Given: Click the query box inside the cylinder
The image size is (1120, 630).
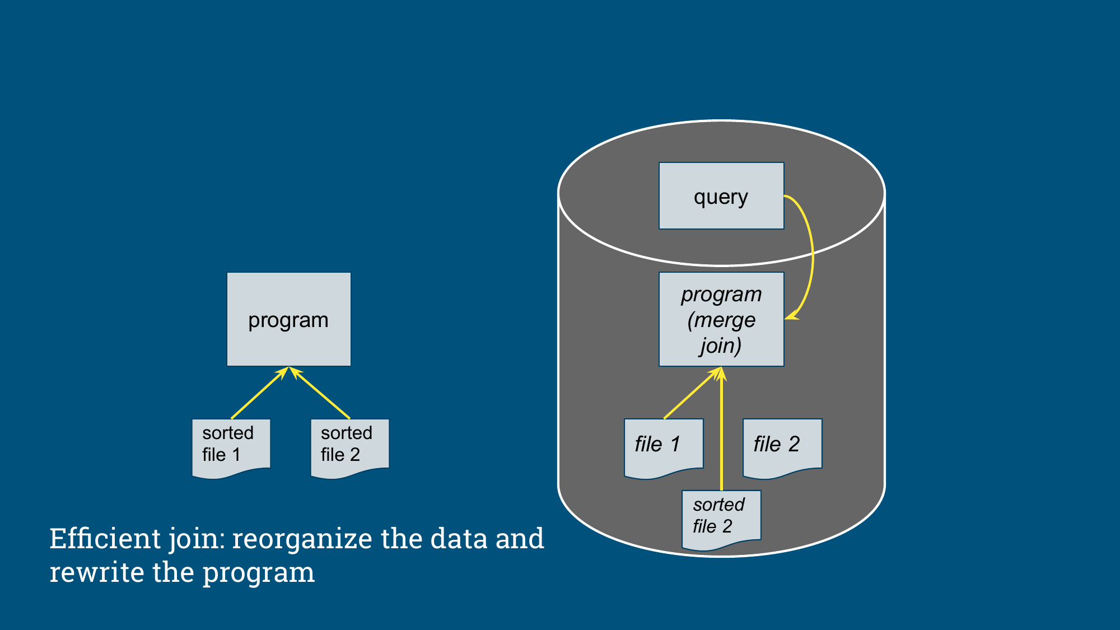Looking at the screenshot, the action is tap(721, 196).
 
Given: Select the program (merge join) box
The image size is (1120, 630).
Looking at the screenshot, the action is tap(721, 319).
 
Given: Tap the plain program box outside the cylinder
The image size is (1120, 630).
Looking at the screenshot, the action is tap(289, 319).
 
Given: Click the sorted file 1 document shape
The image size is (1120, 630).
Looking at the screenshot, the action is tap(231, 449).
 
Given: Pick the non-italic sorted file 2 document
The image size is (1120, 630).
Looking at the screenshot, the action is tap(350, 449).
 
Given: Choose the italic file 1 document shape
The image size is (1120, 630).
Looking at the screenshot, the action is tap(664, 449).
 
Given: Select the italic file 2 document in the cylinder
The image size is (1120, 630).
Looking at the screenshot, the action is tap(782, 449).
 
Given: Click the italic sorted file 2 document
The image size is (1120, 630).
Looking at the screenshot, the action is tap(721, 520).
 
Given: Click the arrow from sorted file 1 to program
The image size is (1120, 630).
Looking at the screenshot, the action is tap(260, 393).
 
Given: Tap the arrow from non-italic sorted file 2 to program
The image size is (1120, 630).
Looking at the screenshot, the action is tap(319, 393).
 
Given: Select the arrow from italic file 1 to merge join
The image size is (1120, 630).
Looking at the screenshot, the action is tap(692, 393).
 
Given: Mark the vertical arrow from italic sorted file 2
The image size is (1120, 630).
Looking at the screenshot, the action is tap(721, 428).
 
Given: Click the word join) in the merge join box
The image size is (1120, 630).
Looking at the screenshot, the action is tap(721, 346).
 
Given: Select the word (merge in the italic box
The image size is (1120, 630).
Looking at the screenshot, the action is tap(721, 320).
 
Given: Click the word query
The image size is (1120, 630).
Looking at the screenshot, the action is tap(721, 198).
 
